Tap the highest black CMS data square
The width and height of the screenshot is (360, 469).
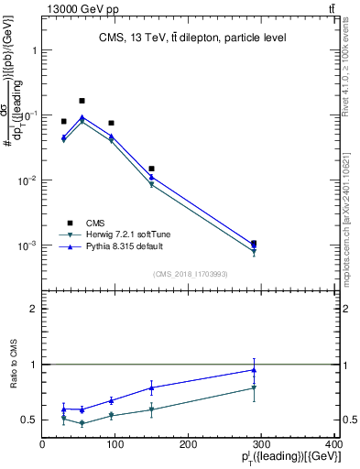pyautogui.click(x=82, y=101)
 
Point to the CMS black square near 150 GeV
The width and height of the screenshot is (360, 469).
pyautogui.click(x=151, y=169)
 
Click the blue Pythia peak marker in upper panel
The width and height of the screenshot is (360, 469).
pyautogui.click(x=82, y=118)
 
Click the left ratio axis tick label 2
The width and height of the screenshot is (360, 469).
pyautogui.click(x=35, y=310)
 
